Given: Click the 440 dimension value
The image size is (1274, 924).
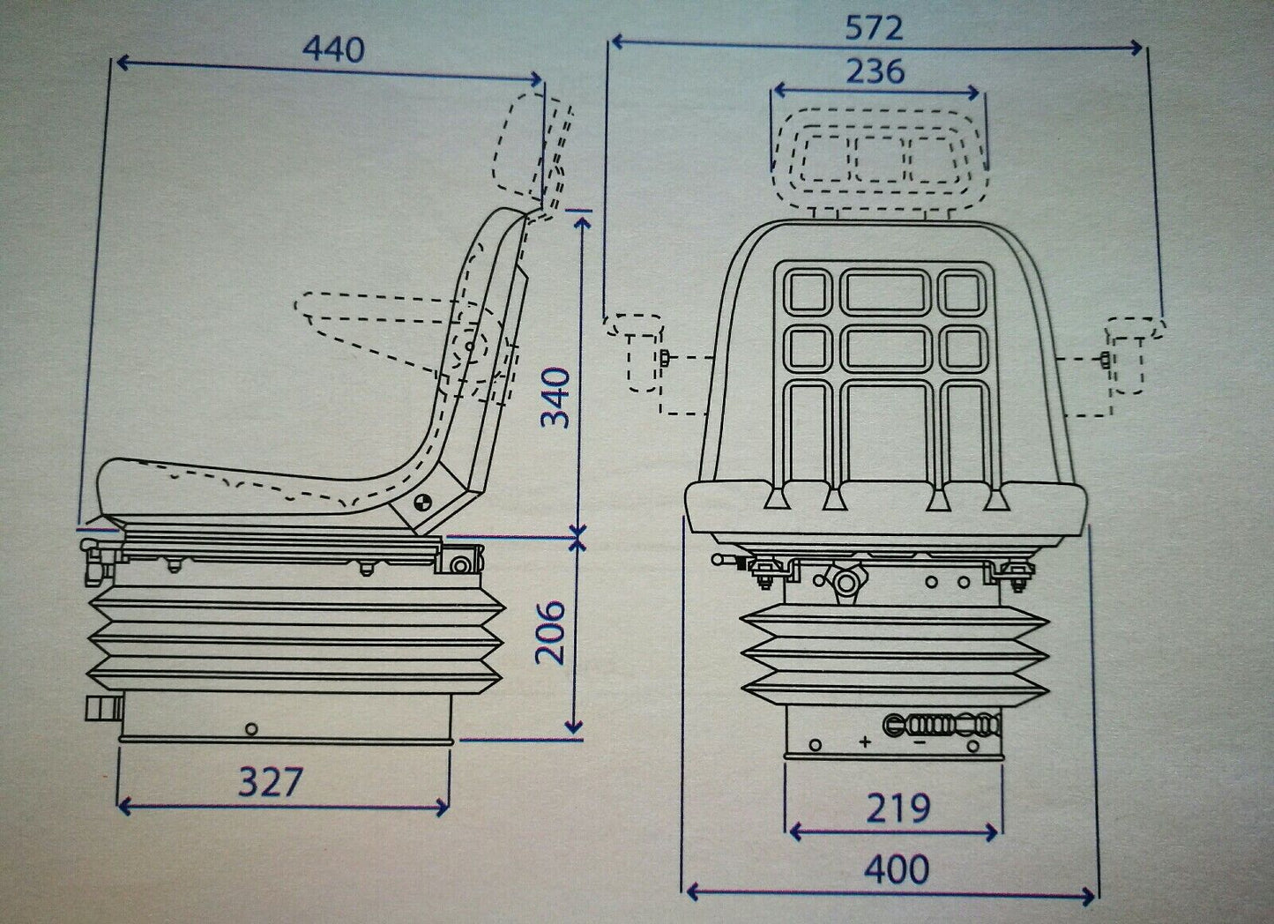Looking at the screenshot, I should [x=332, y=49].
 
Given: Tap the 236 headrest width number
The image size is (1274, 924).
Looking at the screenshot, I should [x=875, y=71].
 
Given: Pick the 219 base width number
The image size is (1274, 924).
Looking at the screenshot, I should [x=897, y=808].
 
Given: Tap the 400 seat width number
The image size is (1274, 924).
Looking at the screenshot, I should [x=896, y=869].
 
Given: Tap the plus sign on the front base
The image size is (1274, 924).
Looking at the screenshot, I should [x=865, y=742].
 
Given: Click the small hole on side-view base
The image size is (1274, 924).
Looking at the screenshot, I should [x=252, y=729].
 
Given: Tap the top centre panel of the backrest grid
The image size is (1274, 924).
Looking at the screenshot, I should [x=885, y=291].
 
